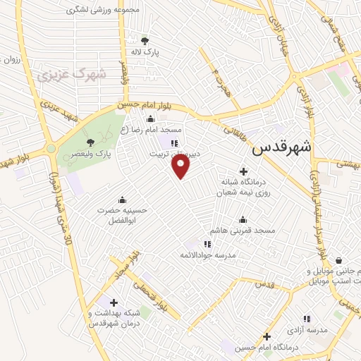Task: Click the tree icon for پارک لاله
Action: coord(145,41)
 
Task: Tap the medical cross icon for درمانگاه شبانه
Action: coord(244,171)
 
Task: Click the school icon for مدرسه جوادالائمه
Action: coord(207,244)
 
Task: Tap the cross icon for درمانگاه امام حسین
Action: coord(267,336)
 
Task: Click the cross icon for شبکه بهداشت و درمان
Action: coord(114,302)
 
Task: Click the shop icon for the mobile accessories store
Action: coord(339,260)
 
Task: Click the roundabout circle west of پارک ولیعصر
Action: coord(51,148)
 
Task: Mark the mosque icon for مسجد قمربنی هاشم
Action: coord(243,219)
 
